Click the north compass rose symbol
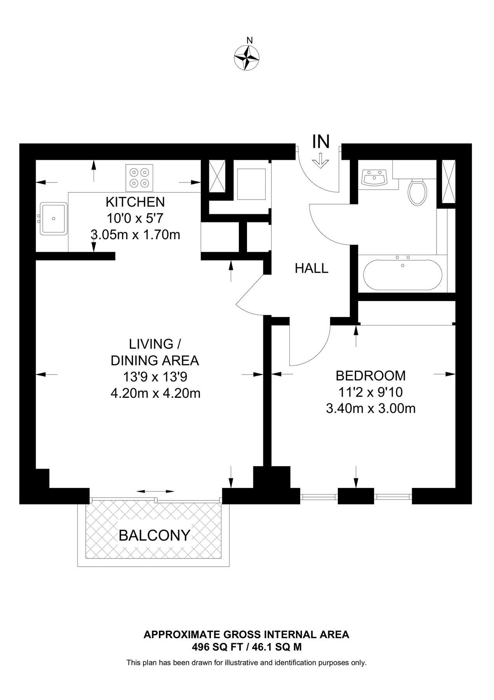click(x=247, y=58)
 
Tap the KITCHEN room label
click(x=135, y=202)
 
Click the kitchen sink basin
click(x=53, y=218)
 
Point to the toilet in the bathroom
click(x=417, y=191)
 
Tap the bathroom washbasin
click(x=374, y=178)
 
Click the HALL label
click(x=311, y=268)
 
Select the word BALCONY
click(x=154, y=535)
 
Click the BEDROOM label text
click(x=370, y=376)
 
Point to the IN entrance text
click(x=321, y=142)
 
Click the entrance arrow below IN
click(x=321, y=160)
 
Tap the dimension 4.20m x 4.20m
click(x=155, y=394)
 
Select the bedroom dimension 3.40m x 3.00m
click(x=370, y=409)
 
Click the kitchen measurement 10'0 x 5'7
click(x=135, y=218)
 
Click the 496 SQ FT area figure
click(x=217, y=647)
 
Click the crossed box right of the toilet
click(x=448, y=182)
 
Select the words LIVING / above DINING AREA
click(x=155, y=344)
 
